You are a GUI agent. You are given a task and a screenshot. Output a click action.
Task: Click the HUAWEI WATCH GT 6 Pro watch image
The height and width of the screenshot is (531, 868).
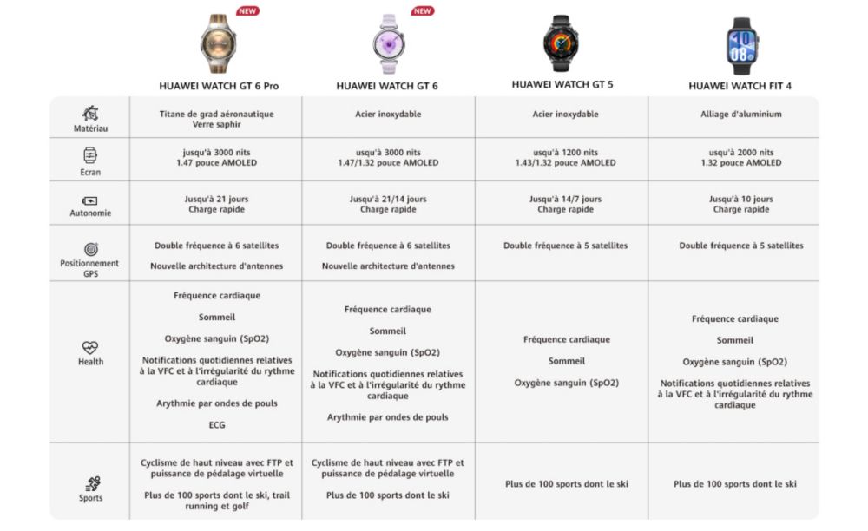pyautogui.click(x=218, y=43)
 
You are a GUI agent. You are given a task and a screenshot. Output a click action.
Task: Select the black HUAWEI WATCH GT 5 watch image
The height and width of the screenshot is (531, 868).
pyautogui.click(x=561, y=43)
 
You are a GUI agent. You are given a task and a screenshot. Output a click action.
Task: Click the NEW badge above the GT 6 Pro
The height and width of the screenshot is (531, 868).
pyautogui.click(x=247, y=11)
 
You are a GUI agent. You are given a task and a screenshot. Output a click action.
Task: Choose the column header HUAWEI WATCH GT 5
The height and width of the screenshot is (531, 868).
pyautogui.click(x=568, y=85)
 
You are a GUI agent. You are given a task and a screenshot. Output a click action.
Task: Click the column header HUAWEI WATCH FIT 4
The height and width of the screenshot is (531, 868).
pyautogui.click(x=740, y=86)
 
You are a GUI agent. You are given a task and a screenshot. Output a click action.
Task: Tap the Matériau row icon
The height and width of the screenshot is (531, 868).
pyautogui.click(x=90, y=114)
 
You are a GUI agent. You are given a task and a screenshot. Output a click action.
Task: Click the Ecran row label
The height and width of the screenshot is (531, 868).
pyautogui.click(x=90, y=172)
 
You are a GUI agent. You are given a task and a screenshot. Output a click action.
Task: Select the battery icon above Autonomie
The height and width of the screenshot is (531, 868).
pyautogui.click(x=90, y=200)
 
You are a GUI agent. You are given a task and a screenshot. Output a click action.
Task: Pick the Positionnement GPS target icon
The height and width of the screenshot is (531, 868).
pyautogui.click(x=90, y=249)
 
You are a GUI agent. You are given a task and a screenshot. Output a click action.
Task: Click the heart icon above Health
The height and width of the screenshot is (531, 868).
pyautogui.click(x=90, y=347)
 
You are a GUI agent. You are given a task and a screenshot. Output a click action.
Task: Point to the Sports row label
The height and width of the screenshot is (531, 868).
pyautogui.click(x=90, y=498)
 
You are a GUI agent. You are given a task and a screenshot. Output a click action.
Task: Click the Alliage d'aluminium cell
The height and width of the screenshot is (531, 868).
pyautogui.click(x=740, y=114)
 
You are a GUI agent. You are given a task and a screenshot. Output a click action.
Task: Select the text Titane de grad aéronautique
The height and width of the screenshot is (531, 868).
pyautogui.click(x=216, y=114)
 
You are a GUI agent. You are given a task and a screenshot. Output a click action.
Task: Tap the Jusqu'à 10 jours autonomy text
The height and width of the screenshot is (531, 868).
pyautogui.click(x=740, y=199)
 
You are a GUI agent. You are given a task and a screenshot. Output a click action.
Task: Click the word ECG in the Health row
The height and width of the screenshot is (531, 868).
pyautogui.click(x=216, y=425)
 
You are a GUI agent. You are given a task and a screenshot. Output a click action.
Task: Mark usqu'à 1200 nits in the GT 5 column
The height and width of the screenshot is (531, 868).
pyautogui.click(x=568, y=152)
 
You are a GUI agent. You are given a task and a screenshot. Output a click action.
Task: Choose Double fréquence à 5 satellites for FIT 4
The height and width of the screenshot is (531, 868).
pyautogui.click(x=740, y=246)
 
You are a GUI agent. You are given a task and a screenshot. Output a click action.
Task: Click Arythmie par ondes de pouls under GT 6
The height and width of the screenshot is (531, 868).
pyautogui.click(x=387, y=417)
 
